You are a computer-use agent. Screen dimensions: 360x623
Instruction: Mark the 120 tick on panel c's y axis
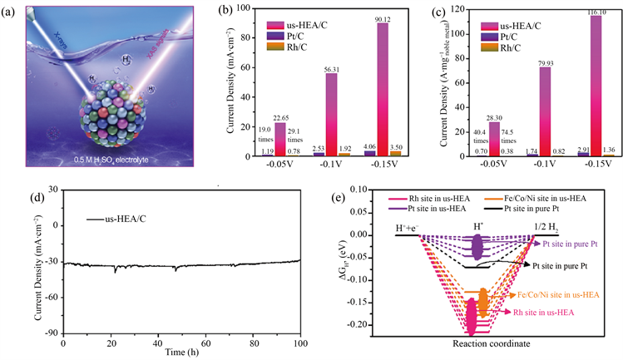[x=431, y=7]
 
